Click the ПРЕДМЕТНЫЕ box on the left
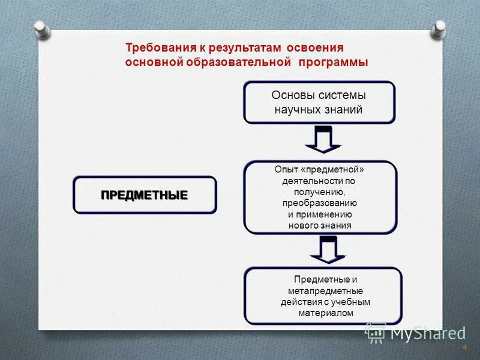click(144, 195)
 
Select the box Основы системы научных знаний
click(319, 103)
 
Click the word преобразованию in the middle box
click(320, 203)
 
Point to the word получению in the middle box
click(319, 192)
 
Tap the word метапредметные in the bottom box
click(325, 291)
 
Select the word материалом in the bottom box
click(325, 313)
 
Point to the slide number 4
click(464, 348)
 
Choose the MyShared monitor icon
click(376, 332)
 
